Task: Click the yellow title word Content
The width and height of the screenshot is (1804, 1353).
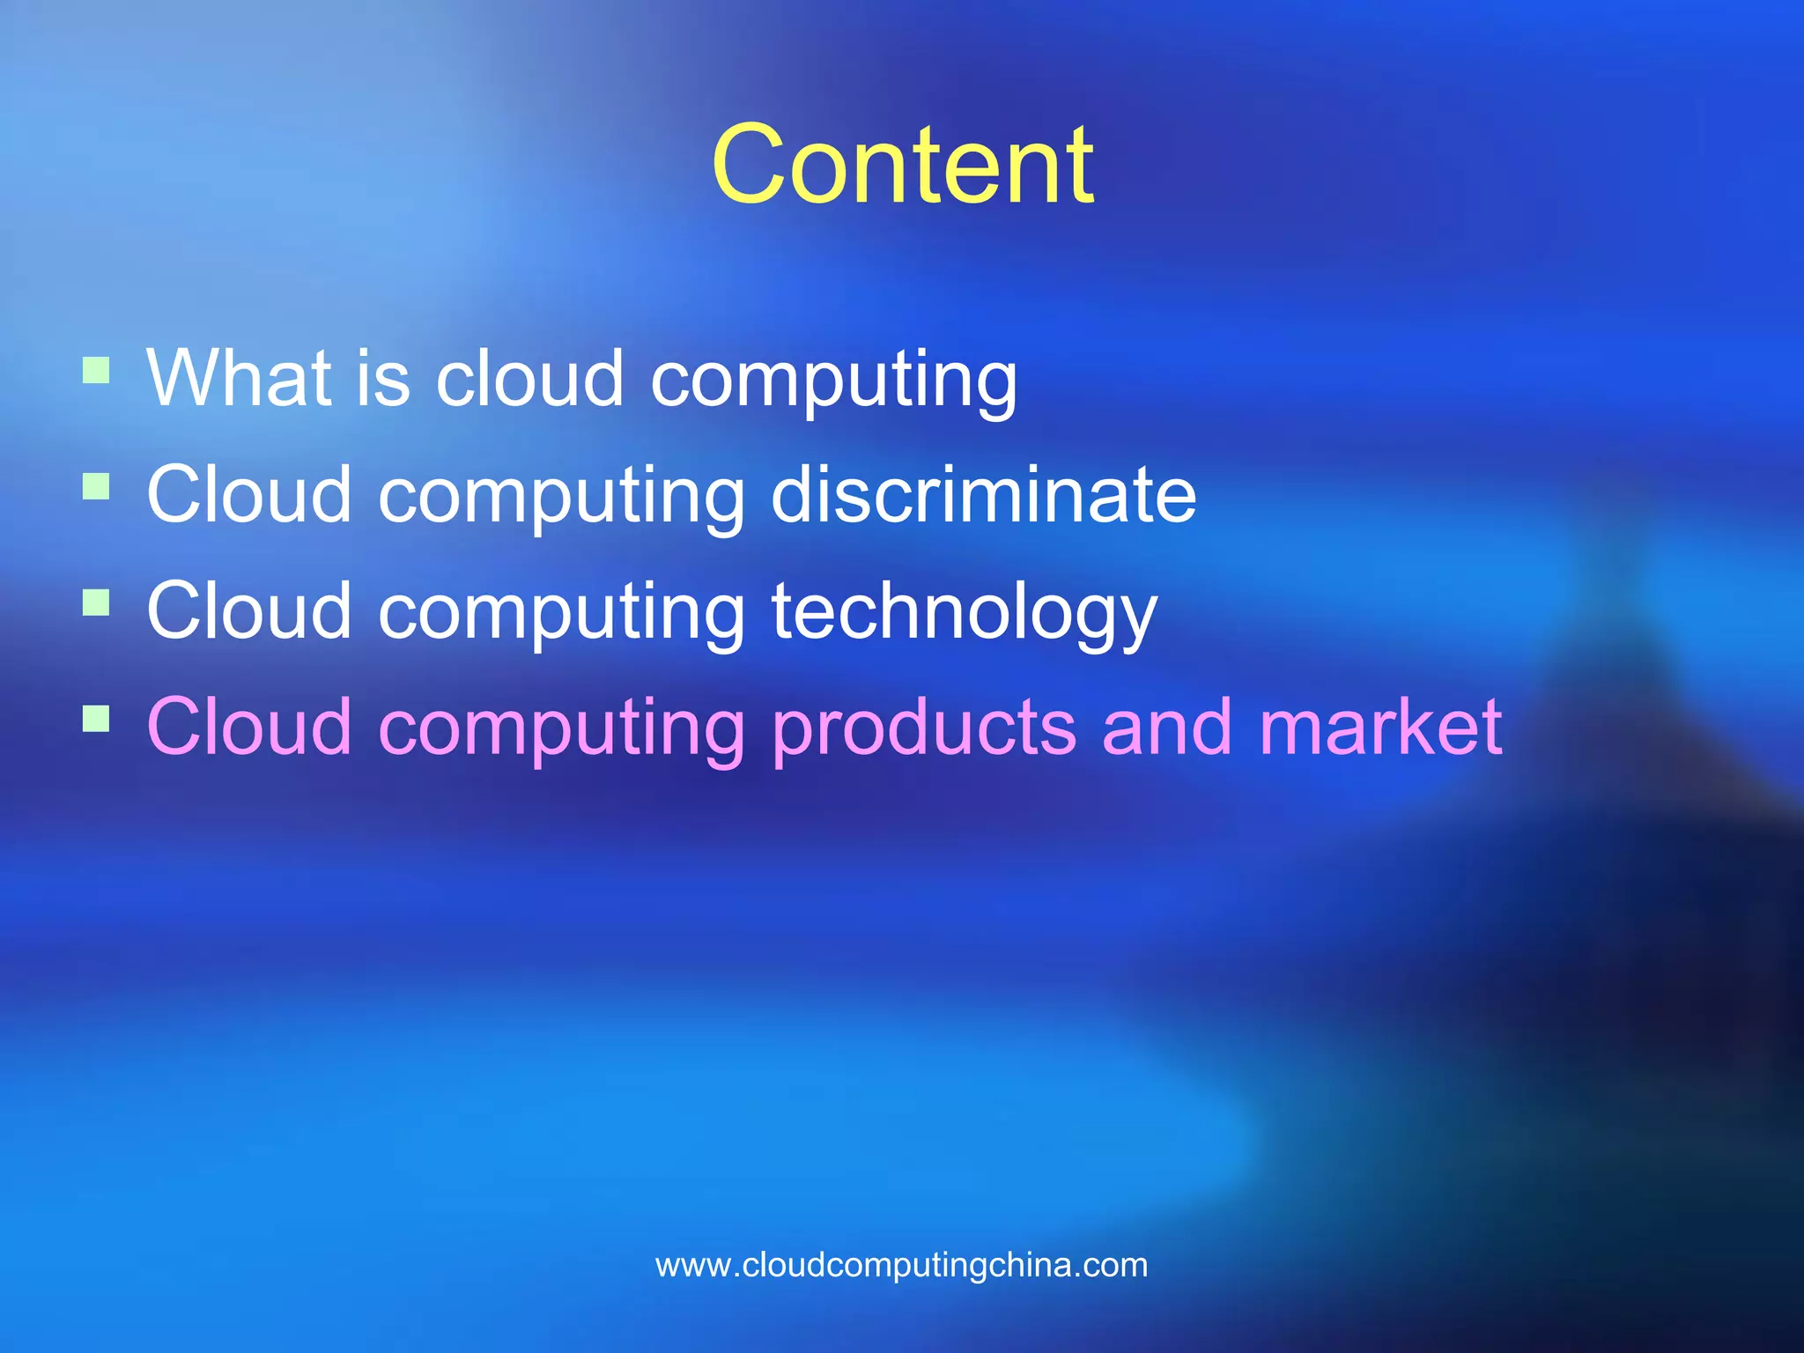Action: click(x=902, y=166)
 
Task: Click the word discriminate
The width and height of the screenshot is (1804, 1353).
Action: click(x=983, y=494)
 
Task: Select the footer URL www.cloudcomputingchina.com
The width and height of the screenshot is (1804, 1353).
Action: click(x=902, y=1266)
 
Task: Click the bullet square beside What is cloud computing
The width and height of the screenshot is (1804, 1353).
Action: click(x=96, y=370)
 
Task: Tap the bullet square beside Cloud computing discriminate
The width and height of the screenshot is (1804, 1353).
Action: click(x=96, y=486)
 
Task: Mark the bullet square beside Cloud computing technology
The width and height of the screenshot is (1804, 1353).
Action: click(x=96, y=603)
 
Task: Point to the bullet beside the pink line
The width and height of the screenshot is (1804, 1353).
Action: click(x=96, y=719)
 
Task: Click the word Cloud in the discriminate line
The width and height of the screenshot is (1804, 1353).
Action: click(x=249, y=494)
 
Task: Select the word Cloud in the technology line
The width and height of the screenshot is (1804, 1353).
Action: click(x=249, y=610)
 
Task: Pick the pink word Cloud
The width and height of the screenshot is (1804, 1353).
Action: click(x=249, y=728)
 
